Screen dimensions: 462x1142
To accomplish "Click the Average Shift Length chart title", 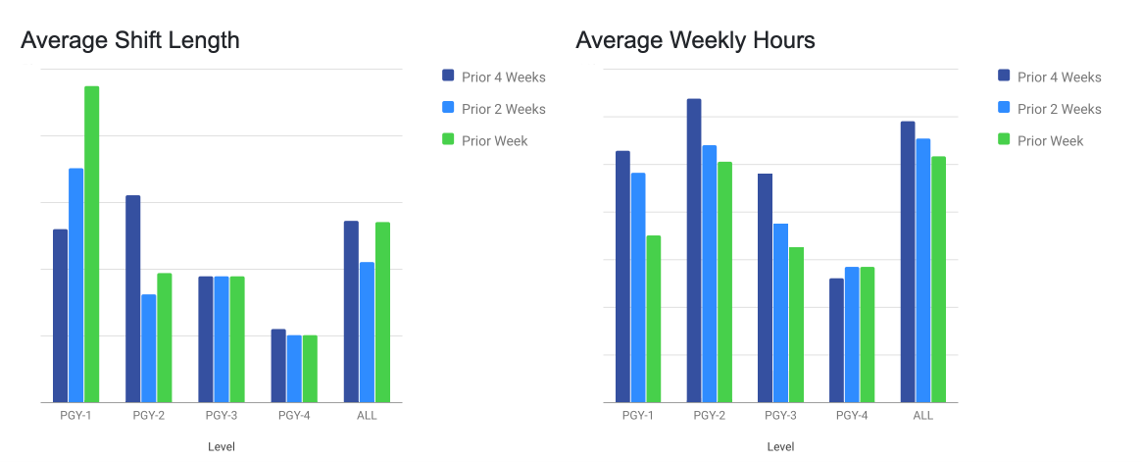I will point(130,40).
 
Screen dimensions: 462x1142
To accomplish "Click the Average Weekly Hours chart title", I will point(695,40).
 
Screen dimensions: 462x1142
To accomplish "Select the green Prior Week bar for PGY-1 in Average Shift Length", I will point(91,244).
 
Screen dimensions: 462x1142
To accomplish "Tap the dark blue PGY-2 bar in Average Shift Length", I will point(132,299).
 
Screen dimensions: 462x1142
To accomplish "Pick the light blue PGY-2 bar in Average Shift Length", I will point(148,348).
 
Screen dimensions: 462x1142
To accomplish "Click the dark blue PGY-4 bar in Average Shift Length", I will point(278,366).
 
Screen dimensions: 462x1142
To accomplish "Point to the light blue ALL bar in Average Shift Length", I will point(367,333).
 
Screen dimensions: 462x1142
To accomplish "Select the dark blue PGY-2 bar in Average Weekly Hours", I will point(694,250).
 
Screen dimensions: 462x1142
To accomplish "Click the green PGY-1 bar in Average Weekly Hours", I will point(654,319).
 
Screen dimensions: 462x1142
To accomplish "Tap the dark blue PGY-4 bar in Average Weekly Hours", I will point(836,340).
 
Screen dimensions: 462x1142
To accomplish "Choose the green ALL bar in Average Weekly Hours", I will point(938,280).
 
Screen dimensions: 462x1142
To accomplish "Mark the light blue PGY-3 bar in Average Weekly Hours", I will point(780,313).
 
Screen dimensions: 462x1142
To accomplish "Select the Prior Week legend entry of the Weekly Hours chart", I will point(1050,141).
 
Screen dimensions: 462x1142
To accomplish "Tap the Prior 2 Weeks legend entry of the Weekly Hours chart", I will point(1059,109).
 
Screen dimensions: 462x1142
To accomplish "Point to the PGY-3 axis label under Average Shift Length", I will point(222,416).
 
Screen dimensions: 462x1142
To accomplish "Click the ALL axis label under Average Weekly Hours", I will point(923,416).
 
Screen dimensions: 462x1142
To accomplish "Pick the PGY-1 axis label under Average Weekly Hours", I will point(638,416).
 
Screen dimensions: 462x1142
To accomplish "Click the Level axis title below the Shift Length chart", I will point(222,447).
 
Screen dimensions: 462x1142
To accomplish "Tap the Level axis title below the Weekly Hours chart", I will point(780,447).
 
